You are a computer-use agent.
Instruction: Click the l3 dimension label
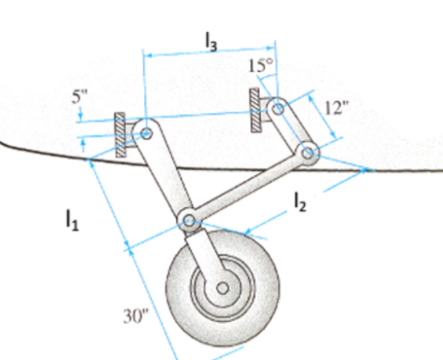[x=211, y=39]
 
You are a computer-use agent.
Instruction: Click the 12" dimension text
[x=336, y=107]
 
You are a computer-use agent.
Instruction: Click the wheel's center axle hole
[x=223, y=288]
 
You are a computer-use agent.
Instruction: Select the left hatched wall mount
[x=120, y=134]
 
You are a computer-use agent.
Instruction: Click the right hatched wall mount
[x=255, y=110]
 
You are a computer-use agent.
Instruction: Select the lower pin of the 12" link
[x=308, y=152]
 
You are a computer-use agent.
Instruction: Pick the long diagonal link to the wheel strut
[x=248, y=188]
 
